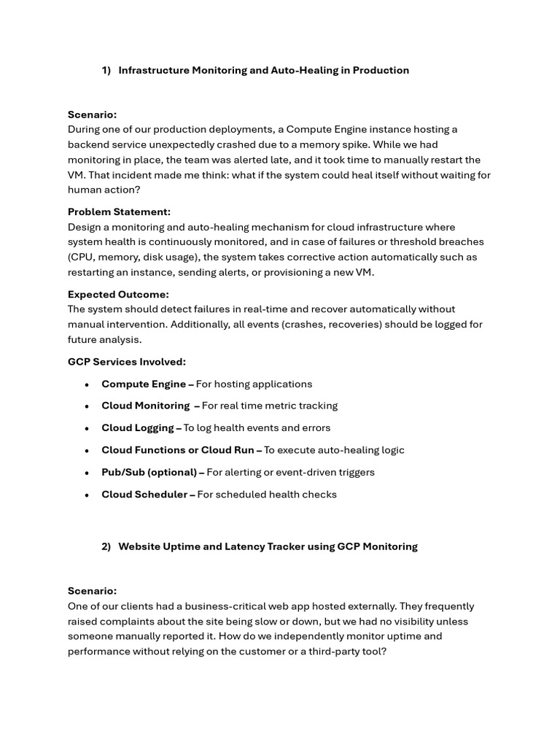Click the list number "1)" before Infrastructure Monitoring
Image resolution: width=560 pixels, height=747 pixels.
tap(106, 71)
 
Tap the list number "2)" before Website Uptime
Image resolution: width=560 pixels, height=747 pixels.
tap(106, 546)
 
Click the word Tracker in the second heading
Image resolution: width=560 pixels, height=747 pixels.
tap(276, 546)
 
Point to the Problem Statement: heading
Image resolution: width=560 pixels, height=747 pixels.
tap(119, 212)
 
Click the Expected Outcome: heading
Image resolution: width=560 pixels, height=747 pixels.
tap(118, 295)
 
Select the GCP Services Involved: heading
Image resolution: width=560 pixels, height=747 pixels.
tap(127, 362)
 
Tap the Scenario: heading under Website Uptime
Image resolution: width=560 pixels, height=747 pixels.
tap(92, 591)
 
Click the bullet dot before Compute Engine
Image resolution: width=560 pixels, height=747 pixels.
tap(87, 384)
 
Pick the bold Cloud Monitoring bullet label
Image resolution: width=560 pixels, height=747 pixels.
tap(145, 406)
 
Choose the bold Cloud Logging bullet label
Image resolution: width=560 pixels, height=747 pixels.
tap(138, 428)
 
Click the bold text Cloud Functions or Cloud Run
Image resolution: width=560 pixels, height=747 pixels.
tap(178, 450)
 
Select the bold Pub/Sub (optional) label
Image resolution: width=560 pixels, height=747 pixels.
tap(149, 472)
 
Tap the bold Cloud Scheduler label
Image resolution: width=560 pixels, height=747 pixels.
tap(144, 495)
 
